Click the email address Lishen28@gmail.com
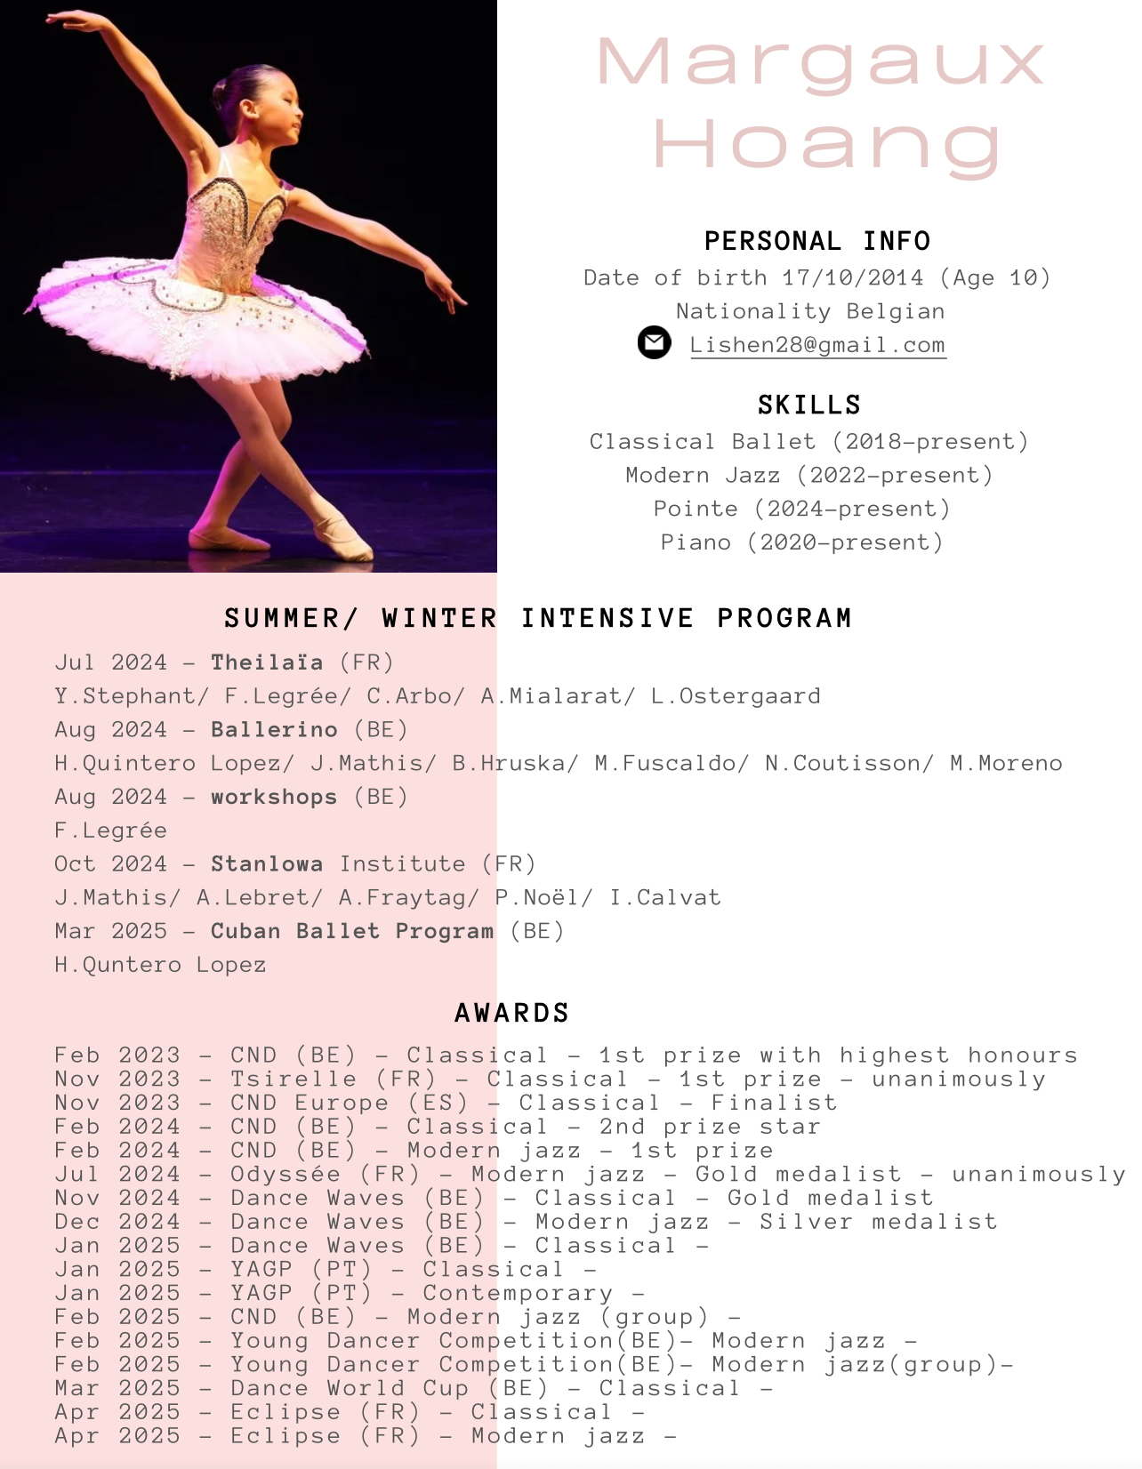pyautogui.click(x=817, y=345)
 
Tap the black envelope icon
pyautogui.click(x=654, y=342)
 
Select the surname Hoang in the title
pyautogui.click(x=828, y=145)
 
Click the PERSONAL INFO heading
pyautogui.click(x=817, y=241)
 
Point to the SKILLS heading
pyautogui.click(x=809, y=405)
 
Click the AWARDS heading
pyautogui.click(x=511, y=1013)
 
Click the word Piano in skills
pyautogui.click(x=696, y=542)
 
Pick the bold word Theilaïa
pyautogui.click(x=267, y=662)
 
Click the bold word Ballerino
pyautogui.click(x=274, y=730)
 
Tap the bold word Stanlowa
pyautogui.click(x=267, y=864)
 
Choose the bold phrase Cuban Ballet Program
pyautogui.click(x=352, y=931)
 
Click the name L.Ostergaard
pyautogui.click(x=736, y=696)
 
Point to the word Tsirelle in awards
pyautogui.click(x=294, y=1080)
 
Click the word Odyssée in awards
pyautogui.click(x=285, y=1175)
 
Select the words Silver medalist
pyautogui.click(x=878, y=1222)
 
